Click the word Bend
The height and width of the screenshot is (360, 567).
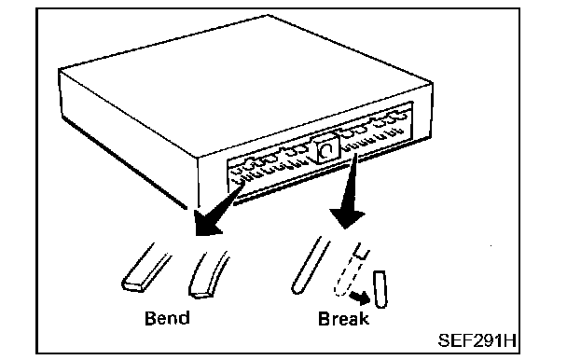coord(167,318)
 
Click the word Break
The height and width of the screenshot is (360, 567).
coord(343,319)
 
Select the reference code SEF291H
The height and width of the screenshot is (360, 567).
coord(477,340)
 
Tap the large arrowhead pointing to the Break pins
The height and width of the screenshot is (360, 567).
coord(346,217)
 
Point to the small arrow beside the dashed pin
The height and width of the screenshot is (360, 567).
coord(361,298)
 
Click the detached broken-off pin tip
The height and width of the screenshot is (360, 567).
coord(380,289)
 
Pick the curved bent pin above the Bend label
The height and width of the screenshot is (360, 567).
coord(207,275)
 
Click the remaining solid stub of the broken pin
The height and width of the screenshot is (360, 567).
coord(361,250)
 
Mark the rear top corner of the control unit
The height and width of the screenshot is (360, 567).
coord(268,15)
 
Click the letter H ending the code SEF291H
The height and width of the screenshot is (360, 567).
coord(511,340)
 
